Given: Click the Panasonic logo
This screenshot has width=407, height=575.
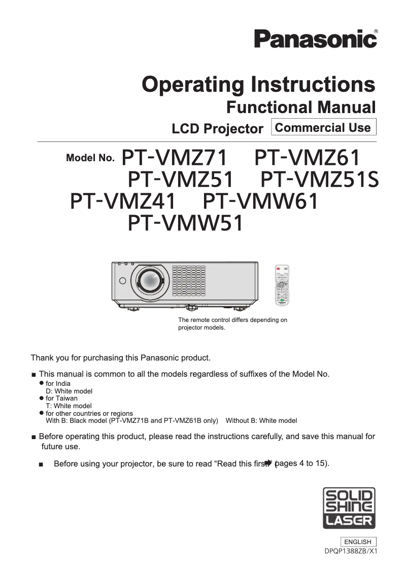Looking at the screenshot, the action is tap(316, 39).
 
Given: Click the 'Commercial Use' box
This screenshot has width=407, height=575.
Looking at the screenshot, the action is tap(324, 127).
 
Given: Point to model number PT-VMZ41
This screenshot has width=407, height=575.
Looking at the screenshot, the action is tap(122, 201).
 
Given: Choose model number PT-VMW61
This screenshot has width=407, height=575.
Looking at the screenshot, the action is tap(260, 201).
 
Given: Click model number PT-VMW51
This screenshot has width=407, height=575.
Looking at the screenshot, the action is tap(185, 223).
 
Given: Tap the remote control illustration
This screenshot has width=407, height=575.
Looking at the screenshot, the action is tap(282, 286).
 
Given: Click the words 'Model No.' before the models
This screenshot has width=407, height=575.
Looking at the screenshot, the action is tap(90, 158).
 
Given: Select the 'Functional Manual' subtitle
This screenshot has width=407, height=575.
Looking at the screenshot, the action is tap(300, 107).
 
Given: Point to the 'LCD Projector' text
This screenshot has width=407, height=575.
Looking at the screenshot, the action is tap(217, 129).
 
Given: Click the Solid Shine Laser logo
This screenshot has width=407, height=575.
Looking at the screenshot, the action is tap(349, 508).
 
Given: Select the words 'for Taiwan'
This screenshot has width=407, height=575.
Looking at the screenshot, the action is tap(62, 399).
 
